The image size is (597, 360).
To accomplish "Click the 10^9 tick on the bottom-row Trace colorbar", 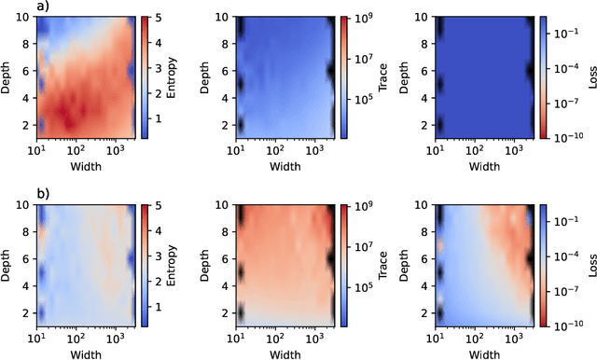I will coord(362,204).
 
